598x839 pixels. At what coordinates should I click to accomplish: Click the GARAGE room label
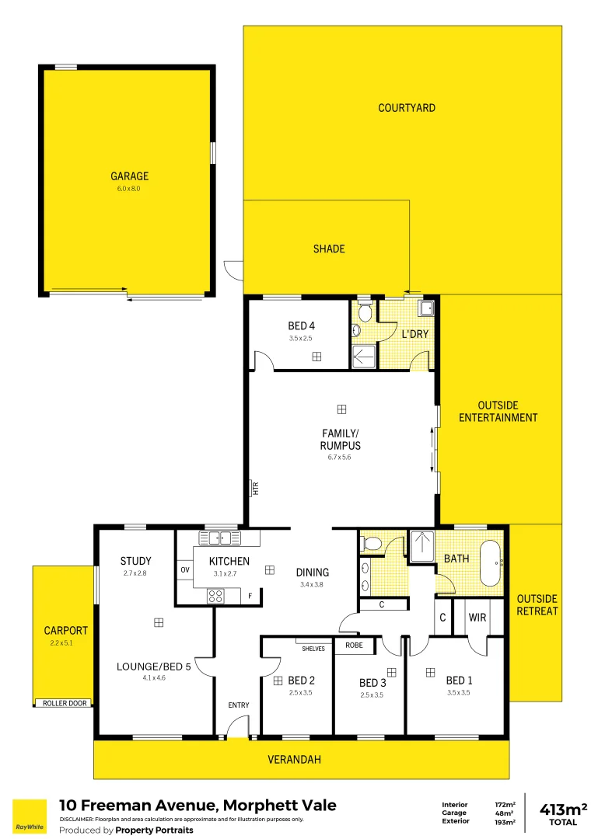129,176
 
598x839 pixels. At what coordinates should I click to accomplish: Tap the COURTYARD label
407,108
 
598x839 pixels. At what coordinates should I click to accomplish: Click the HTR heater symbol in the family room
254,488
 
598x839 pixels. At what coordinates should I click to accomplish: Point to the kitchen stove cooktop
215,597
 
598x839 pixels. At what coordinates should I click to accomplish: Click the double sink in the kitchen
220,537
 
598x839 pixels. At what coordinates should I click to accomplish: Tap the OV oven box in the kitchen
185,569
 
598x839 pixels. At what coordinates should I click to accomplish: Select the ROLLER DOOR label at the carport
66,703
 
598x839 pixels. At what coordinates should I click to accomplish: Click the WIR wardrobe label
477,618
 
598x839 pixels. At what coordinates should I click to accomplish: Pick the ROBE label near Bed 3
354,645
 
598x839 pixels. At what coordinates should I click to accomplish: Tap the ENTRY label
238,705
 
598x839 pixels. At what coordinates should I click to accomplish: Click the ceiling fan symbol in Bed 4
316,357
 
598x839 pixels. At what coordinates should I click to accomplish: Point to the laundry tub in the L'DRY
425,308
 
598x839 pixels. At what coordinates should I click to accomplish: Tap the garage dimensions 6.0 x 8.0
129,189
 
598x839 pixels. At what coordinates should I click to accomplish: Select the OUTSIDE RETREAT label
537,604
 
